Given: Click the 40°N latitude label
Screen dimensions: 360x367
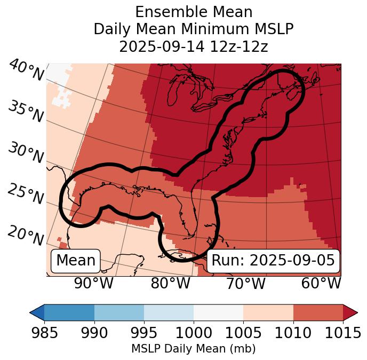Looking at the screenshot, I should pyautogui.click(x=26, y=71).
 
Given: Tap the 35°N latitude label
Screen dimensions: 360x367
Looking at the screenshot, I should pyautogui.click(x=26, y=112).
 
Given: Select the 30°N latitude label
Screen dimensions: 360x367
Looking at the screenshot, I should pyautogui.click(x=26, y=153).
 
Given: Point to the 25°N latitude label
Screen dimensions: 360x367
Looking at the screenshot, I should pyautogui.click(x=26, y=194).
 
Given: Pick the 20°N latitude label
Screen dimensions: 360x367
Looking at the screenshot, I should pyautogui.click(x=26, y=236).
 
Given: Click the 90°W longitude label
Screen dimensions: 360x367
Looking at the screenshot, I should pyautogui.click(x=93, y=284).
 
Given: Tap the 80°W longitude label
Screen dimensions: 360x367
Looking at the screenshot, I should pyautogui.click(x=170, y=284).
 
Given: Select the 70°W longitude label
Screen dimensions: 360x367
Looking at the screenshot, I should pyautogui.click(x=245, y=284).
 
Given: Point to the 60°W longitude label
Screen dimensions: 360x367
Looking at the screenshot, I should pyautogui.click(x=321, y=284).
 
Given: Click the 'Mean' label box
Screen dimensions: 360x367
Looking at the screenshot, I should pyautogui.click(x=76, y=261).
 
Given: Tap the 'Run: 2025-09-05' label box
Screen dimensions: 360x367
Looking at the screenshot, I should pyautogui.click(x=273, y=261).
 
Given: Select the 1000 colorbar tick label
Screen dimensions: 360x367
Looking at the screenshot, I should pyautogui.click(x=194, y=333).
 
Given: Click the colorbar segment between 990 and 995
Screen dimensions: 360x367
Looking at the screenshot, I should pyautogui.click(x=119, y=312).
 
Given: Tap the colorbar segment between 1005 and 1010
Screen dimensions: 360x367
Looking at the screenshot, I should pyautogui.click(x=268, y=312).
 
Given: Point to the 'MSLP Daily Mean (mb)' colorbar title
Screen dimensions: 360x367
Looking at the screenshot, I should pyautogui.click(x=193, y=349).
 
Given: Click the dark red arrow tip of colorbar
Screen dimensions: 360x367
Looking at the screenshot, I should pyautogui.click(x=350, y=312).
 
